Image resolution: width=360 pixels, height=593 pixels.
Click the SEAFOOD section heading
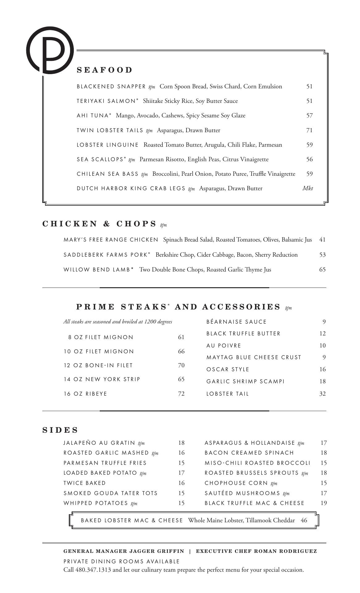104,70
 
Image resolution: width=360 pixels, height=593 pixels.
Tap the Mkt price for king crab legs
308,188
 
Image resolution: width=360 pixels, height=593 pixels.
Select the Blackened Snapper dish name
111,86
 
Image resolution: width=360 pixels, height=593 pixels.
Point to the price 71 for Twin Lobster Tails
309,130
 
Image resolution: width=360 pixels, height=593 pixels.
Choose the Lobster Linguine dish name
108,145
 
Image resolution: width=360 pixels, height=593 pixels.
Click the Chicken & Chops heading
99,224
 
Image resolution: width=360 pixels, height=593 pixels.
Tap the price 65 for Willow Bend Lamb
322,270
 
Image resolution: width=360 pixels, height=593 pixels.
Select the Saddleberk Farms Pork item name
107,255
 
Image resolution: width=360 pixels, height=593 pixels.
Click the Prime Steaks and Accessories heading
178,307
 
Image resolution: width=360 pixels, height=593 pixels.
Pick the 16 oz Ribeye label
85,394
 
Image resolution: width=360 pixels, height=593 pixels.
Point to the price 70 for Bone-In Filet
181,365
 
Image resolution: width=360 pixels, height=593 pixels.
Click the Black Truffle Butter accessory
243,334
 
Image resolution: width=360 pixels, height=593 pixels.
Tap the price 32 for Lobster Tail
322,394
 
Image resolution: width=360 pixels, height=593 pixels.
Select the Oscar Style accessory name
228,369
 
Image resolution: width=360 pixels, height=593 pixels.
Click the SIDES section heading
60,430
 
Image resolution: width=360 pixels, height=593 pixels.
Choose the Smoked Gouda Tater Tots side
111,493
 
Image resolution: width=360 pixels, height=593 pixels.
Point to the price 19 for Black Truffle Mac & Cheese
324,503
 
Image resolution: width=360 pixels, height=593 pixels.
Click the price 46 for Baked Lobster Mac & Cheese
304,520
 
